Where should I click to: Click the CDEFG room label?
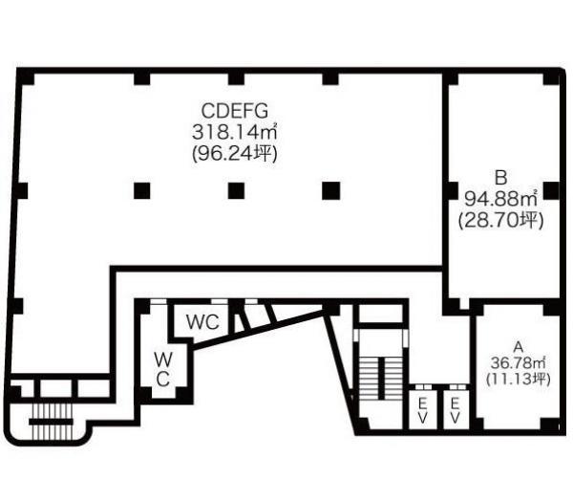click(x=235, y=111)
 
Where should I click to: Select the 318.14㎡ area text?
click(x=234, y=132)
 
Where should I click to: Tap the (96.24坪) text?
click(x=235, y=154)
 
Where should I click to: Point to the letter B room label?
click(x=500, y=178)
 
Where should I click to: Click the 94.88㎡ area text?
click(x=500, y=199)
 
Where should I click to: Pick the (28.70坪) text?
click(x=500, y=220)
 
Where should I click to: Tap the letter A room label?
click(x=519, y=346)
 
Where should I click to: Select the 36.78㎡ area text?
click(x=518, y=363)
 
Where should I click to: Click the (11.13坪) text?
click(x=518, y=379)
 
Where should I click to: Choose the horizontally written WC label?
click(x=202, y=322)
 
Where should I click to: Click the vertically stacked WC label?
click(x=163, y=370)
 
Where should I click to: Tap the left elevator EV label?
click(x=422, y=410)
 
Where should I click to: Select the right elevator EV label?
click(x=455, y=410)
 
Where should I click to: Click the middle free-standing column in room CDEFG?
click(x=236, y=190)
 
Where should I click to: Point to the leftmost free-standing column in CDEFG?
click(x=141, y=190)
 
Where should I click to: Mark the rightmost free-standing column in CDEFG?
click(x=331, y=190)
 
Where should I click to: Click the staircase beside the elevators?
click(x=381, y=379)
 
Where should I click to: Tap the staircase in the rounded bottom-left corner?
click(x=52, y=421)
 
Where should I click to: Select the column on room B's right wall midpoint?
click(x=551, y=190)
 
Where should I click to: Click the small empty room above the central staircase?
click(x=381, y=314)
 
